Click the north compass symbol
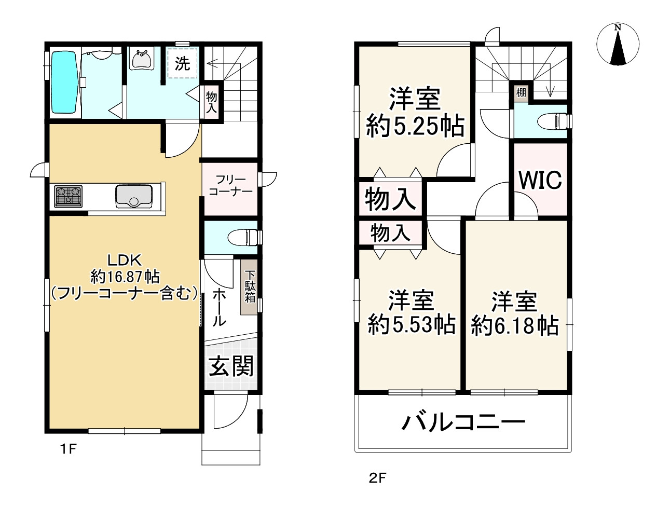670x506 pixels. (617, 45)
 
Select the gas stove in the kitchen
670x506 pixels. (69, 197)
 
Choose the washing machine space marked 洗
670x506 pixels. (182, 63)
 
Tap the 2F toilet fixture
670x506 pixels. (553, 121)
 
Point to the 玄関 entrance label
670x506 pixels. (231, 367)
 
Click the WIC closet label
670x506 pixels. (540, 180)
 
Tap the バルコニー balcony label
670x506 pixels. (463, 422)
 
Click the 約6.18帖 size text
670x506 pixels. (515, 326)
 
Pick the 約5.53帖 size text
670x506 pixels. (412, 325)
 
